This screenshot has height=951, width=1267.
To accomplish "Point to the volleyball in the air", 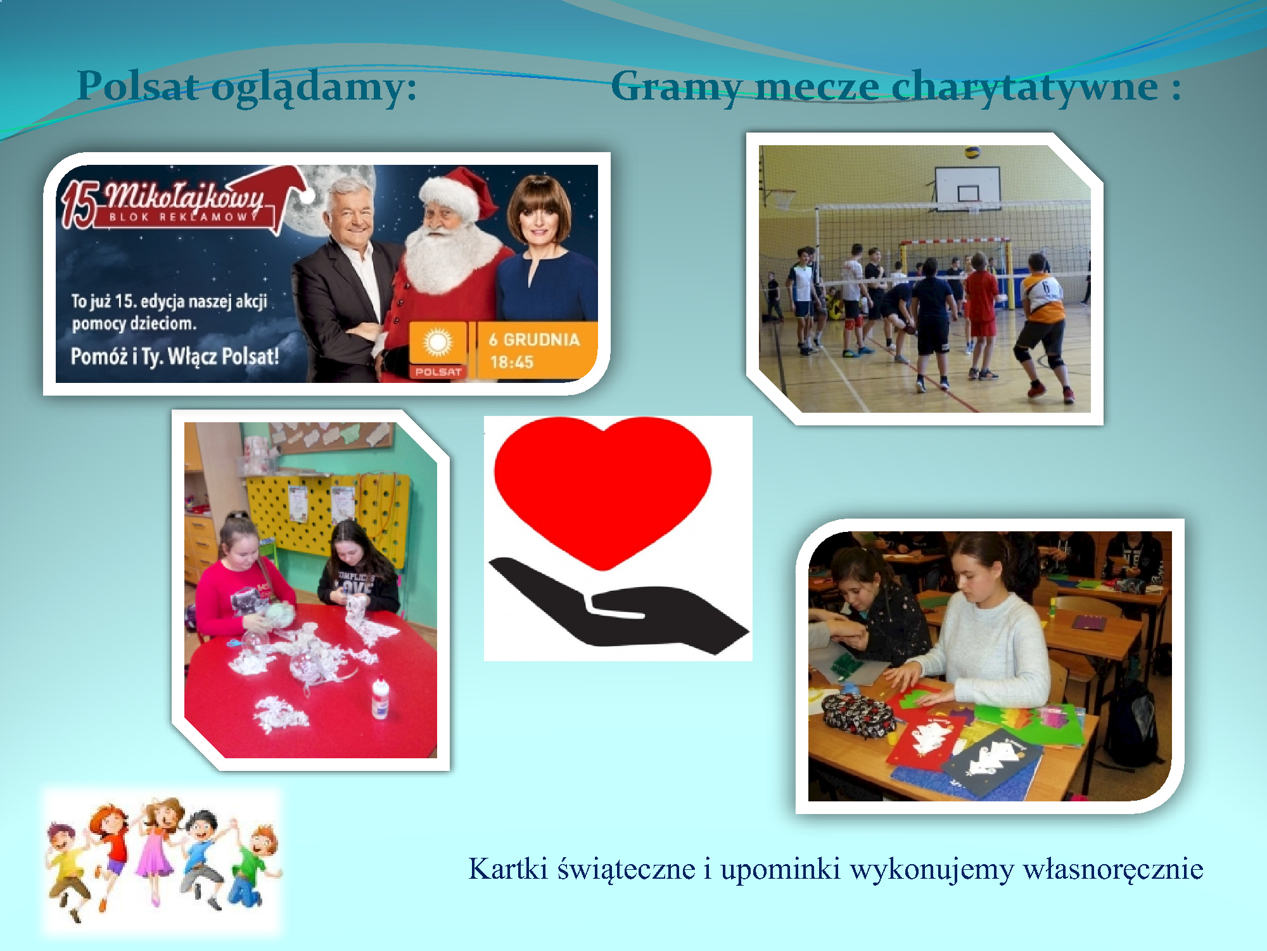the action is pos(972,153).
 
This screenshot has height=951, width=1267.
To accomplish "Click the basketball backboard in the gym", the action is pos(967,188).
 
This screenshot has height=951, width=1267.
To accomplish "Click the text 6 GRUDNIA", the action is pos(534,340).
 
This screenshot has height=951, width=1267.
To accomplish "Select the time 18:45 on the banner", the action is pos(512,363).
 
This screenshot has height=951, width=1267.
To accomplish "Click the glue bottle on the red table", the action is pos(379,699).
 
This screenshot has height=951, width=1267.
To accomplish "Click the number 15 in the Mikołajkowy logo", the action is pos(79,204).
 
